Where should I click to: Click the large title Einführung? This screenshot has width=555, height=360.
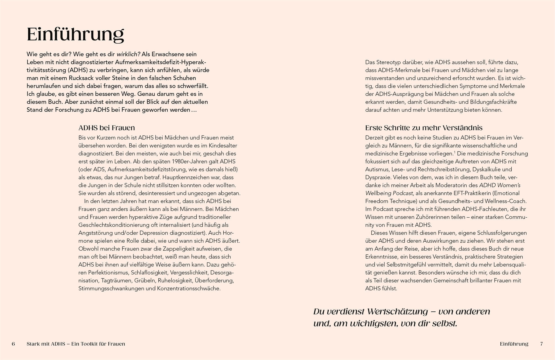(75, 35)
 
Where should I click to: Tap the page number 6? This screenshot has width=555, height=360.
(13, 344)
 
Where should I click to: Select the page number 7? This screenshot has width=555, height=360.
(541, 344)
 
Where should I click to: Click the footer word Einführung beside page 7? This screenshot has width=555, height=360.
(514, 344)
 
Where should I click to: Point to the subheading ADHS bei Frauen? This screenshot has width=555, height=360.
(107, 128)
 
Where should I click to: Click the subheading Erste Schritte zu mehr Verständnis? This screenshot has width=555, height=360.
(424, 128)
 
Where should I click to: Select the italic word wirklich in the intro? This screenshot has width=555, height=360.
(128, 54)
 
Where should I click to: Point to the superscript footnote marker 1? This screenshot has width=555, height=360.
(455, 152)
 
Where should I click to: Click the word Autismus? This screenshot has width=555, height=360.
(377, 170)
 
